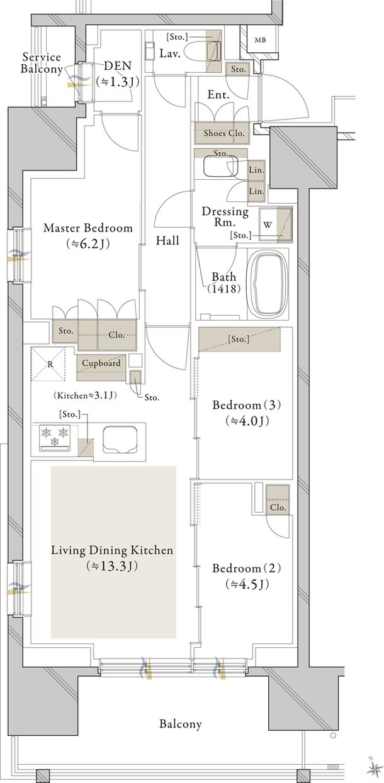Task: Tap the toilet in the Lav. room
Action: click(x=202, y=53)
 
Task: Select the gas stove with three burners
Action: click(x=55, y=438)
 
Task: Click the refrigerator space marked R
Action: click(x=48, y=364)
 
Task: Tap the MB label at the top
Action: click(x=260, y=40)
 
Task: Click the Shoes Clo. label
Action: click(x=224, y=133)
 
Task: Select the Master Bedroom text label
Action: click(x=88, y=228)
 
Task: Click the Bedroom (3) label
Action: click(x=247, y=406)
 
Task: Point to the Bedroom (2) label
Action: click(x=247, y=569)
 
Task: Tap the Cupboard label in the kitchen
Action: click(x=101, y=363)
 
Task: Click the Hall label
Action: click(x=167, y=240)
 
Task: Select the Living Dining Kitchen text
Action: click(x=112, y=550)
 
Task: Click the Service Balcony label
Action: click(x=41, y=62)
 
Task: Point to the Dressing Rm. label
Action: click(x=225, y=217)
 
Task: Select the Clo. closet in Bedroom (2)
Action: click(x=278, y=499)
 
